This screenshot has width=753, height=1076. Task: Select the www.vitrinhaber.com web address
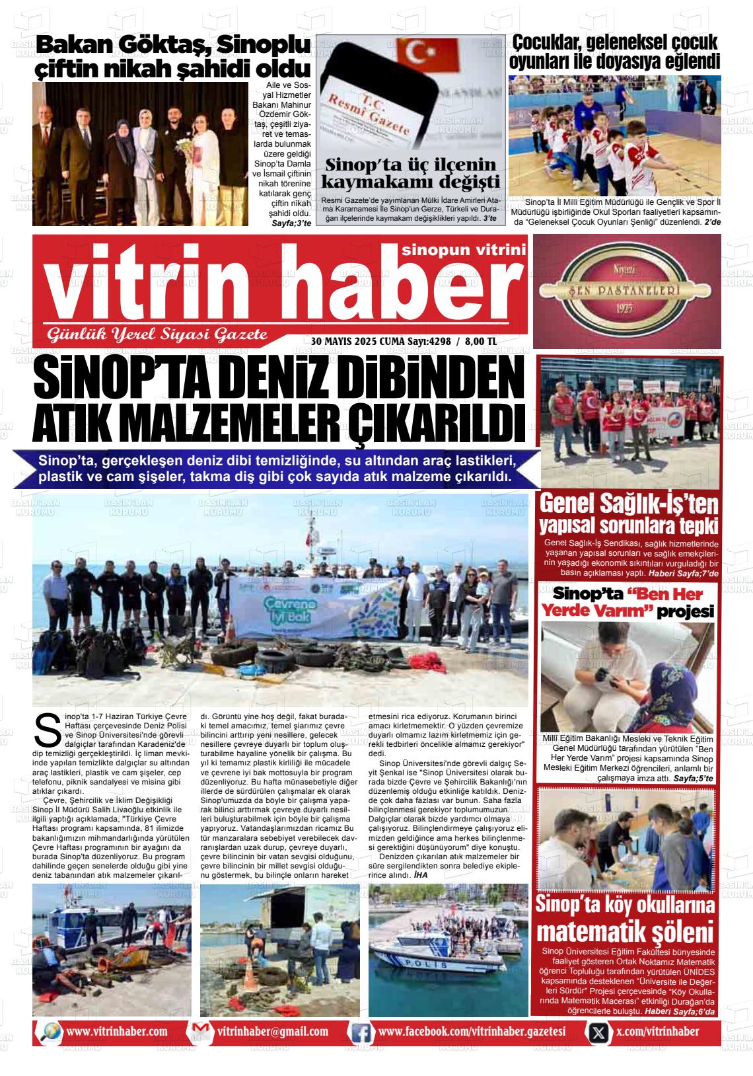(x=117, y=1032)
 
